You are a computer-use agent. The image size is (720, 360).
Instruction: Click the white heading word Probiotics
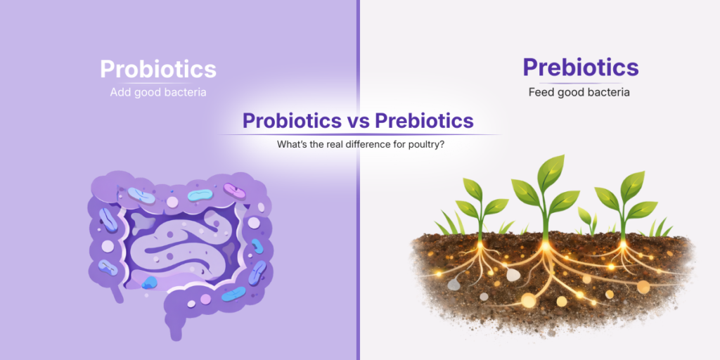coord(158,69)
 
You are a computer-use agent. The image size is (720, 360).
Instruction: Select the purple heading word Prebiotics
coord(580,67)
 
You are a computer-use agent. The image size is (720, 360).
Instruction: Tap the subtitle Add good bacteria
coord(158,92)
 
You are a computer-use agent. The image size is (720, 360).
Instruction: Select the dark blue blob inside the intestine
coord(149,283)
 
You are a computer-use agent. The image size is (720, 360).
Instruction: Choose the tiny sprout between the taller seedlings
coord(585,217)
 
